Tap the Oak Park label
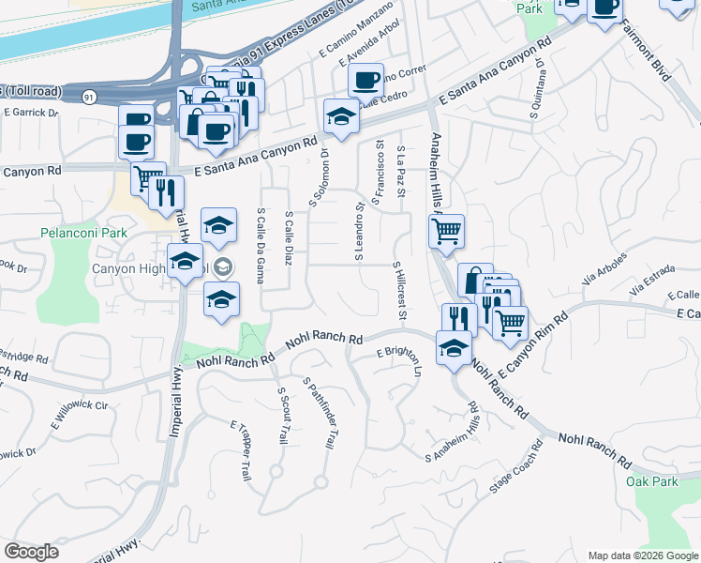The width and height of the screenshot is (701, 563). point(652,481)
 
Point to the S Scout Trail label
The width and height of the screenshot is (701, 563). point(282,416)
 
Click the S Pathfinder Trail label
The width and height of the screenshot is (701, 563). point(320,413)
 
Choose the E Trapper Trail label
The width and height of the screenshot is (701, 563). point(241,451)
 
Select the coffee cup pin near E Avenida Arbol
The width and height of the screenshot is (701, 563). point(365,80)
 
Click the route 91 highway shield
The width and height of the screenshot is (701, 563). point(89,97)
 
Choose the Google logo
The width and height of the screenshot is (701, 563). point(32,552)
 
